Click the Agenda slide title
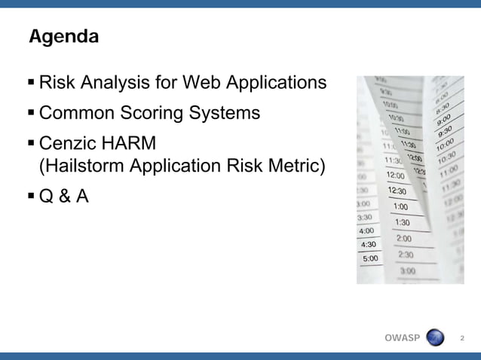pos(63,36)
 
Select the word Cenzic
pos(69,143)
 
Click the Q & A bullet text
pos(63,197)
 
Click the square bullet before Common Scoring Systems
pos(31,113)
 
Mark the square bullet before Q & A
pos(31,197)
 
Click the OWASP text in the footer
pos(402,337)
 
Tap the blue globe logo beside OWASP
pos(436,337)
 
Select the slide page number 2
pos(462,337)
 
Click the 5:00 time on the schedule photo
pos(371,258)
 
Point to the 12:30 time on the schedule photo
pos(397,191)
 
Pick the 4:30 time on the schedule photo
pos(369,245)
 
